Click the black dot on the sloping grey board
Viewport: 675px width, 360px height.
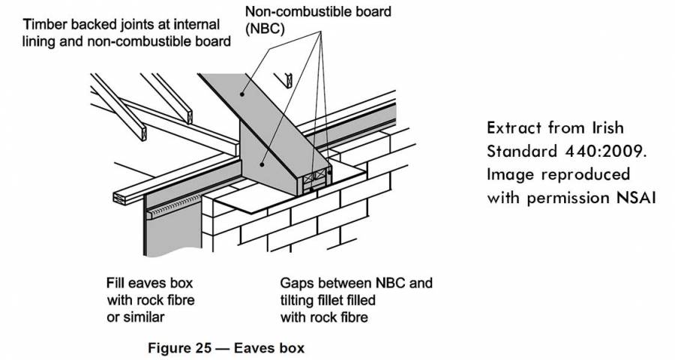[x=241, y=94]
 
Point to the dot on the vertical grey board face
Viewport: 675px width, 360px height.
[x=262, y=161]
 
